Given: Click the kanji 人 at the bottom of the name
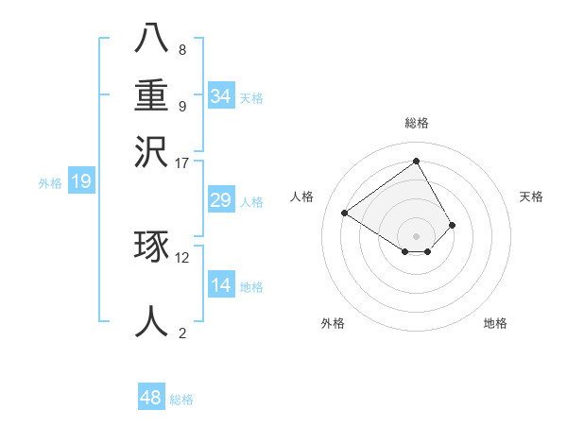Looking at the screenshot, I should pos(151,321).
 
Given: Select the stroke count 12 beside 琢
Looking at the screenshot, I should pos(182,257).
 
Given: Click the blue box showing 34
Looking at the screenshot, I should pos(220,95).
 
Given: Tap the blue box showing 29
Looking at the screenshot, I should pos(220,200).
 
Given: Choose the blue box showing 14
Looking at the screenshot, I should pos(220,285).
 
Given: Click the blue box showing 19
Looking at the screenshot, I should pos(80,181).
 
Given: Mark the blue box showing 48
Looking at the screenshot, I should pos(150,398).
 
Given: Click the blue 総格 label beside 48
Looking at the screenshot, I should pos(181,400).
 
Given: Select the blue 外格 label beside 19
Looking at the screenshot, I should pos(50,183).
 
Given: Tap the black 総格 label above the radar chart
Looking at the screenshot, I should pos(417,123).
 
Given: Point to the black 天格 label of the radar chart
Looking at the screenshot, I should pos(531,196).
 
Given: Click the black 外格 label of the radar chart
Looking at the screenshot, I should pos(333,323).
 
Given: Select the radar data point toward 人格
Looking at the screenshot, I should pos(345,213).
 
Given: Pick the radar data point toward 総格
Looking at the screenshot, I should pos(417,161).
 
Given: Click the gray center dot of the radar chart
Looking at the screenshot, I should pos(417,235).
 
